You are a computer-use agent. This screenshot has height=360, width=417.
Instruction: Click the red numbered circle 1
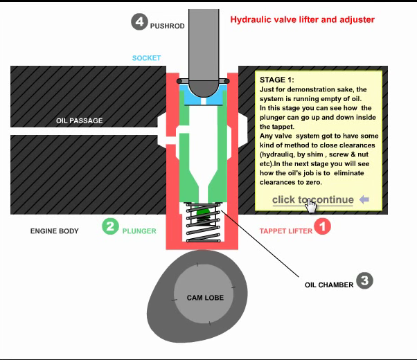323,226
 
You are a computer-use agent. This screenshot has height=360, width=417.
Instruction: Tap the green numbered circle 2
110,226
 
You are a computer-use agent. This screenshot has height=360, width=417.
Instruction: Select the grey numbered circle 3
365,280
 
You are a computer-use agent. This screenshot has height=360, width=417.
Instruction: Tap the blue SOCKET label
146,58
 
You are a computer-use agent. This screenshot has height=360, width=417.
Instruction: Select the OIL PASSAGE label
79,121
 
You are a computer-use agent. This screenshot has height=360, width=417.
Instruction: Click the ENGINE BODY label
54,231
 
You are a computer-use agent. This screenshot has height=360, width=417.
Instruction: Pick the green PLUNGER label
139,231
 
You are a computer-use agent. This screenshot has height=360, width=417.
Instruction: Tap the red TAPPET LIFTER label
285,231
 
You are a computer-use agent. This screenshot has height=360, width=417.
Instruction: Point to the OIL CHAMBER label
329,285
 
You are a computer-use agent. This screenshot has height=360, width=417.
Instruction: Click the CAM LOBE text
204,298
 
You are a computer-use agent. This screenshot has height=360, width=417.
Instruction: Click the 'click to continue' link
312,200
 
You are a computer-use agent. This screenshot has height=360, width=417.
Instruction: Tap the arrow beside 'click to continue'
364,200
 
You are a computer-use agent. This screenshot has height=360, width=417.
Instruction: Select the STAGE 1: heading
276,80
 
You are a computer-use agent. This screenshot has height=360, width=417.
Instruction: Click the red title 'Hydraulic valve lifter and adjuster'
302,19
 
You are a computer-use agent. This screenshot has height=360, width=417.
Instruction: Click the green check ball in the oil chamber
202,213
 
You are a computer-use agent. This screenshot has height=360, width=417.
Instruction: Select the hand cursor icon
312,206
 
